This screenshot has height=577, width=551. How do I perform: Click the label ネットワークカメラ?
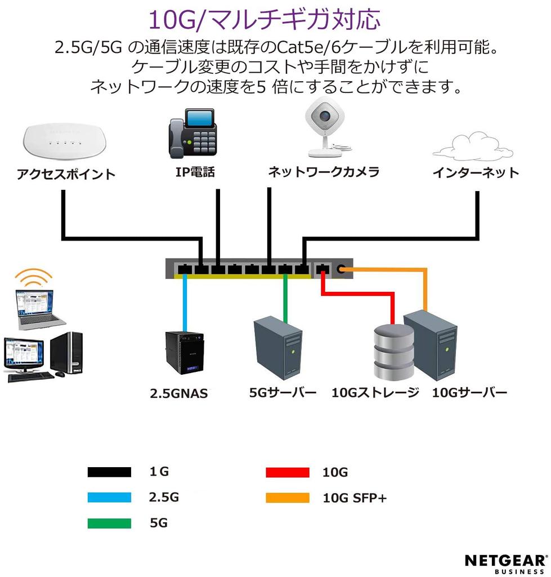[324, 172]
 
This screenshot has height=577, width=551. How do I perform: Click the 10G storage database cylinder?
[394, 353]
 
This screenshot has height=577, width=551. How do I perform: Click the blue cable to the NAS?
[184, 304]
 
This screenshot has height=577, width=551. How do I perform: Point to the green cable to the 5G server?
[285, 299]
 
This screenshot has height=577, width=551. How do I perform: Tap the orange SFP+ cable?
[425, 287]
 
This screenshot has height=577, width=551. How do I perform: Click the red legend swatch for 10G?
[287, 472]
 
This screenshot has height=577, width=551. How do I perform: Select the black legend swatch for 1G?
[109, 472]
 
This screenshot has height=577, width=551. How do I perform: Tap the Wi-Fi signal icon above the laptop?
[33, 277]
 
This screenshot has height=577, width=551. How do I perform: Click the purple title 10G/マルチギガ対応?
[264, 19]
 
